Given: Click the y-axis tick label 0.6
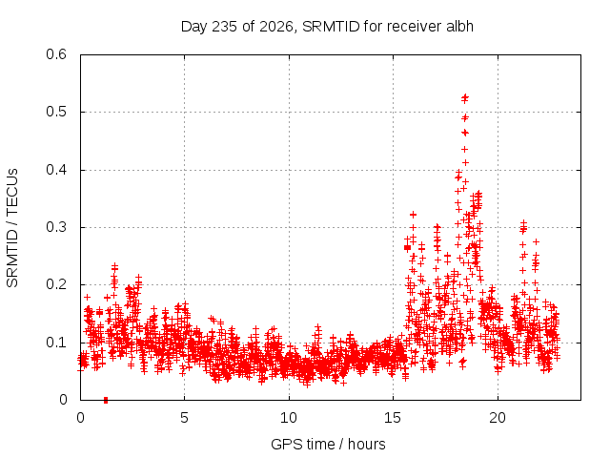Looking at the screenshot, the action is [x=56, y=54].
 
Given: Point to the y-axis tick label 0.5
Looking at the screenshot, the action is [x=56, y=112].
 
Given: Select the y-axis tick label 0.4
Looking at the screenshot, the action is [x=56, y=170].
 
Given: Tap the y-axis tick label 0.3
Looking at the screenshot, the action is [x=56, y=227].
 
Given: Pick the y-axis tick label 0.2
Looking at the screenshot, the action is [x=56, y=284].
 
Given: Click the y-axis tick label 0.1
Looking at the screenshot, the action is [x=56, y=343].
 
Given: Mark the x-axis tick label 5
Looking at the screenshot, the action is [x=184, y=418].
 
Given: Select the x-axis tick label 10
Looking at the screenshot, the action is [x=289, y=418].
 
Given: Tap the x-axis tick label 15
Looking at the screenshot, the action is [x=393, y=418].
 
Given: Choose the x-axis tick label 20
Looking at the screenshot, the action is [x=498, y=418].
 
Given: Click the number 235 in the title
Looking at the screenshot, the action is [x=224, y=27].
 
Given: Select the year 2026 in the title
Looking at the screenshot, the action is [x=276, y=27].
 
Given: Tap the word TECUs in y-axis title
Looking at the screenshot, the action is [x=12, y=192].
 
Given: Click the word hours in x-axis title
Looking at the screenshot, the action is [x=366, y=444].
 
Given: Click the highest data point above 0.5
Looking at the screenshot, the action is [x=465, y=96].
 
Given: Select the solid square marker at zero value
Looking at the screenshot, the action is [x=106, y=400].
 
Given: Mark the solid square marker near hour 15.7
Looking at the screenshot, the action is [x=407, y=248].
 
